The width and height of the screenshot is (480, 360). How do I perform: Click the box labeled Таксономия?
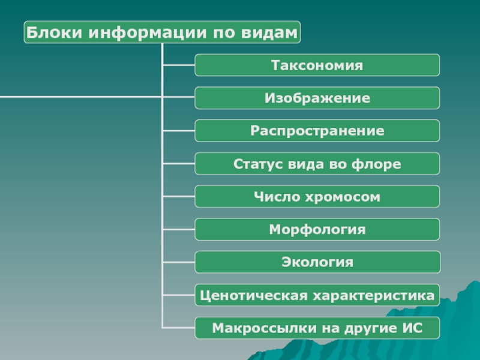(317, 65)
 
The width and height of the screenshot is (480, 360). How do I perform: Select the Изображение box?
(317, 98)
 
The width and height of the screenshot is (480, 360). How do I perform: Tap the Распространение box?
(317, 131)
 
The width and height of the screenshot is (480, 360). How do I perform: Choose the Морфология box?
(317, 229)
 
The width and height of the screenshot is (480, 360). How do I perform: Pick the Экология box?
(317, 262)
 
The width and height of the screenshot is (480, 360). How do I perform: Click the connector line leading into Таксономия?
(178, 65)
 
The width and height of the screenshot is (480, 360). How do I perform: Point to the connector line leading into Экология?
(178, 262)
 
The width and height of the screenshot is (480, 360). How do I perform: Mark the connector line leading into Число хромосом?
(178, 197)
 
